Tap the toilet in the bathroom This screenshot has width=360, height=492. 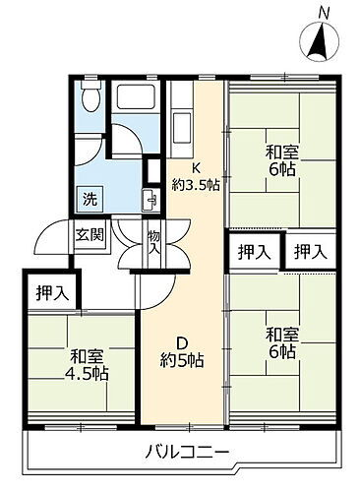(90, 96)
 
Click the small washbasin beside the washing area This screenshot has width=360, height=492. (150, 195)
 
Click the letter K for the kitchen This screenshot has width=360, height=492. (195, 165)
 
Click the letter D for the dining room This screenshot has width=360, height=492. (183, 343)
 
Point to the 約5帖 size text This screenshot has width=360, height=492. (183, 361)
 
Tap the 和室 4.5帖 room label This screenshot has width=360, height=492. (88, 365)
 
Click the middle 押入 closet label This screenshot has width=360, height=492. (255, 251)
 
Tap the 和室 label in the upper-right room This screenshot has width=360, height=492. (281, 154)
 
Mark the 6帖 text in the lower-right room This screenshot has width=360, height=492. (281, 352)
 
